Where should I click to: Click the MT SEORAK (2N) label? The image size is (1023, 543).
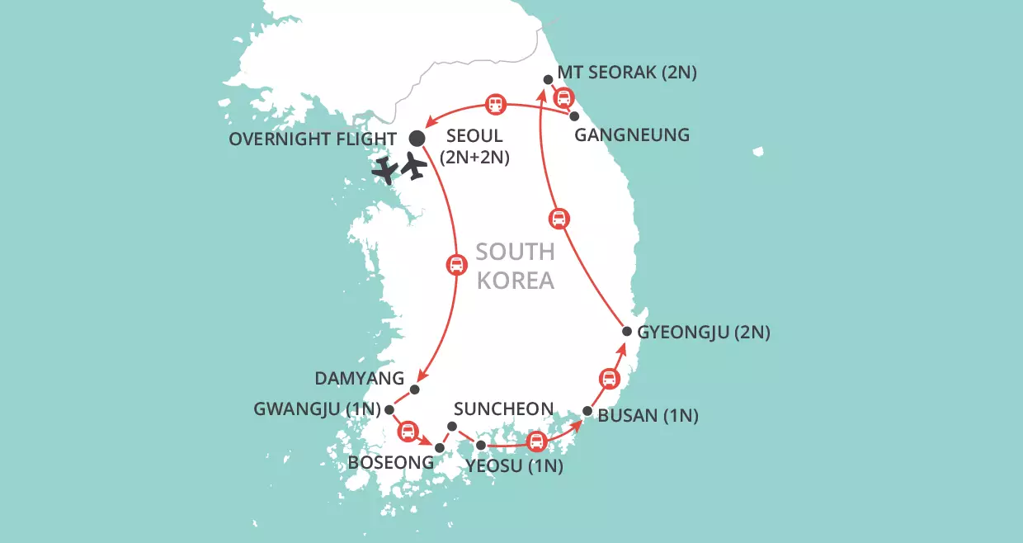pos(627,73)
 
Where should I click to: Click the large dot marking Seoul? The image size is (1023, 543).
pos(417,138)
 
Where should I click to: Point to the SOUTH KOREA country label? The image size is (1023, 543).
pos(516,265)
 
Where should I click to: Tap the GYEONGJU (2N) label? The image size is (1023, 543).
pos(704,333)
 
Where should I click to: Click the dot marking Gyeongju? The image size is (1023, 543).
pos(627,332)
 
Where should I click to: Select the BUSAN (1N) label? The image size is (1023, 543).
pos(648,416)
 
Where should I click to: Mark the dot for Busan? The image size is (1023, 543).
pos(587,411)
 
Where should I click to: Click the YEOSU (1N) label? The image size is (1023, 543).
pos(514,466)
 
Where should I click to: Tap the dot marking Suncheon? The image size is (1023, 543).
pos(451,426)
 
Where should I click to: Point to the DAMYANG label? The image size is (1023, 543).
pos(360,379)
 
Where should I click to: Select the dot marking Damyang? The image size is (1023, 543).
pos(415,390)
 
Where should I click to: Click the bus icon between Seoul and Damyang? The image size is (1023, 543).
pos(455,265)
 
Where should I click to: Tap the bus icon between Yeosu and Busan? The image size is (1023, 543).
pos(536,441)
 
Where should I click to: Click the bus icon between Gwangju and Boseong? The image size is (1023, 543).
pos(408,431)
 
